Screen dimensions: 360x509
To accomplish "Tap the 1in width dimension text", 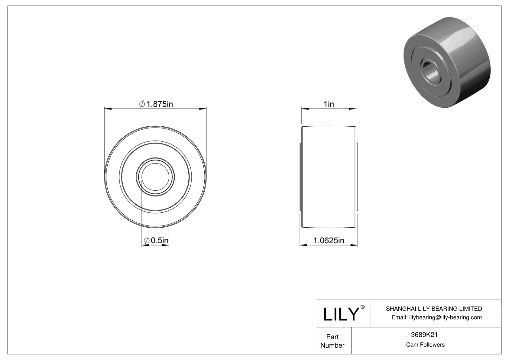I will pos(329,104).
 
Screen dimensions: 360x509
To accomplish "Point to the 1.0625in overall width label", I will pos(329,241).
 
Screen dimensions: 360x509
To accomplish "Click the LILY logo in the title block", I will pos(341,314).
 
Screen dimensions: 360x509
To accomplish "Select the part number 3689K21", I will pos(424,335).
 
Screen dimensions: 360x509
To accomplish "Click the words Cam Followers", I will pos(425,345).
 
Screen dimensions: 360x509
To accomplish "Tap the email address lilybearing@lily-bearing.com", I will pos(436,317).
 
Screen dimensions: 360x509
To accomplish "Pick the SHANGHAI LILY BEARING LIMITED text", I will pos(434,309).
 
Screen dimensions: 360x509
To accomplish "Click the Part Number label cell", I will pos(332,341).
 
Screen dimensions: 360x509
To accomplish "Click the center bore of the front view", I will pos(155,177).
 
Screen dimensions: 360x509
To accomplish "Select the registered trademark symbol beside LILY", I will pos(363,307).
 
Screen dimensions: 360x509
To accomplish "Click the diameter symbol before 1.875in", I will pos(142,104).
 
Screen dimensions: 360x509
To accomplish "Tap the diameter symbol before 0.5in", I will pos(146,241).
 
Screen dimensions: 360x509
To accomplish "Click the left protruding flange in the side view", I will pos(300,177).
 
